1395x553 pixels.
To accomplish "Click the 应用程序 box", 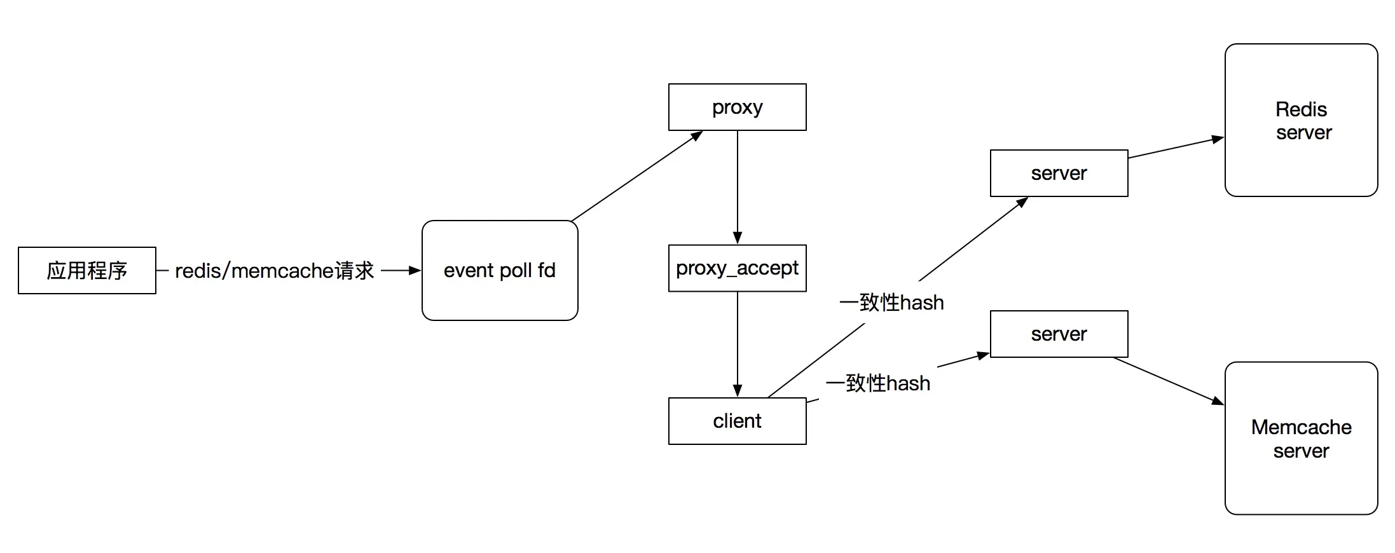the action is (x=87, y=270).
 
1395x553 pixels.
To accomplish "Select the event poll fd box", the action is (x=500, y=270).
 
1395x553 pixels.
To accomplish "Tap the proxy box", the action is (x=738, y=107).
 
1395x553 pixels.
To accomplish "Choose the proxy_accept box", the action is (x=738, y=268).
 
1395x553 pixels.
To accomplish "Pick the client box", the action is (x=738, y=421).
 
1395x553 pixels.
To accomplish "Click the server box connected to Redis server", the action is (x=1059, y=173).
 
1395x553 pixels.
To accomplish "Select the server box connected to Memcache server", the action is (x=1059, y=334).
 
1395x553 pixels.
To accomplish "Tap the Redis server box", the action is (x=1302, y=120).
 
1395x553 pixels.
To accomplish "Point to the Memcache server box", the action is (x=1302, y=438).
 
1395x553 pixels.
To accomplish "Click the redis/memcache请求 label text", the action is (x=275, y=271).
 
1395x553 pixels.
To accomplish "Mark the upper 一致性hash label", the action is (x=891, y=303).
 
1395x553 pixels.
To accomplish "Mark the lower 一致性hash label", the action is (x=878, y=383).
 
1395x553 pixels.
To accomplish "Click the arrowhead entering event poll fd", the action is (x=415, y=270).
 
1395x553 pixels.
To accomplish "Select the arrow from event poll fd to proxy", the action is (x=637, y=176).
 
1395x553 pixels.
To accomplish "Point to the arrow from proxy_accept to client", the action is (x=738, y=345).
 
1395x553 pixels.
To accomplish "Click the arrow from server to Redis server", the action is (x=1176, y=147).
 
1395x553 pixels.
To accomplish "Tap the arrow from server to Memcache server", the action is (x=1169, y=381).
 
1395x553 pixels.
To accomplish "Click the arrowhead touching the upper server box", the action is (x=1022, y=202).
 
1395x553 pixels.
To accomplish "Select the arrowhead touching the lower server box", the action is (x=983, y=356).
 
